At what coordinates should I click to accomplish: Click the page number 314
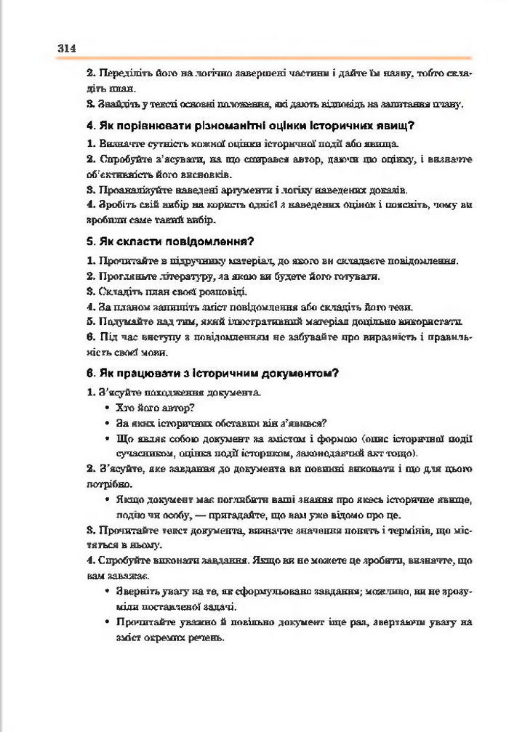tap(67, 48)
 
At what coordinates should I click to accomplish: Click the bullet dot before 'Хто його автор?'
tap(108, 407)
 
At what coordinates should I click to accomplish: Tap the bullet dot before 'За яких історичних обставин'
tap(108, 422)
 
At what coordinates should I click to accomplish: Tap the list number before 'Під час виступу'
tap(90, 337)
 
